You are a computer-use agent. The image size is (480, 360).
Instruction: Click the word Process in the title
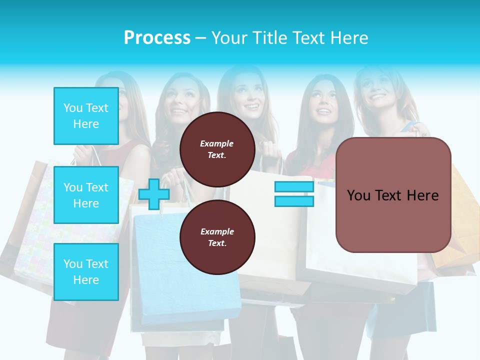coord(157,38)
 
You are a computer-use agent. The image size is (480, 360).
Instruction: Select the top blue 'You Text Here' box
coord(86,116)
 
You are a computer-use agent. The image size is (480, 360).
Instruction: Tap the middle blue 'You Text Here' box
coord(86,195)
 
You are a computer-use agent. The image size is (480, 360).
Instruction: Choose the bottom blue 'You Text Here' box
coord(86,272)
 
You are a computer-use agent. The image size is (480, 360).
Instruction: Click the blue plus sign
coord(154,194)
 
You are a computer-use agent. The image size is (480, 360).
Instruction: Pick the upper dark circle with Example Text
coord(217,149)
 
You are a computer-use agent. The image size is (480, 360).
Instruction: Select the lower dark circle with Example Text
coord(217,237)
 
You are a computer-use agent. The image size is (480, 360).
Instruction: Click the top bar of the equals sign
coord(294,187)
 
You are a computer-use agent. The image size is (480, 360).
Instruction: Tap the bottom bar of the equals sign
coord(294,201)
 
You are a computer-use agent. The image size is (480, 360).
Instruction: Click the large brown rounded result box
coord(393,195)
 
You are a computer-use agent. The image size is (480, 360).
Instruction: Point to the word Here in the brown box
coord(423,195)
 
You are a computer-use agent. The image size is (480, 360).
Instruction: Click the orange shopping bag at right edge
coord(457,220)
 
